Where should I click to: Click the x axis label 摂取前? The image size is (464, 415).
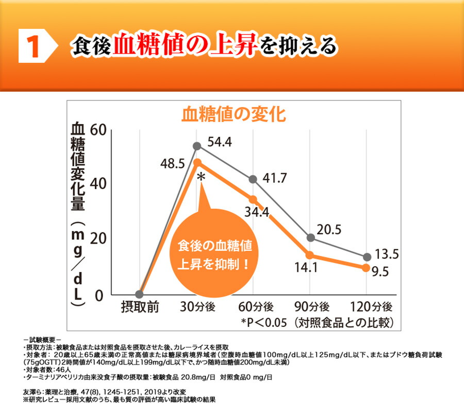(140, 307)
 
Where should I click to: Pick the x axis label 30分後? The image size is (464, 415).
(197, 307)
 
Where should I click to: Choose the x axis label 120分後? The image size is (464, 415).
(371, 307)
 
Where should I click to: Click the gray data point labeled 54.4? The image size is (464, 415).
(197, 146)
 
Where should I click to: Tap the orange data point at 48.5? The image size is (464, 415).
(197, 163)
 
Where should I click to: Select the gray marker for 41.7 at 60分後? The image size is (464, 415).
(253, 179)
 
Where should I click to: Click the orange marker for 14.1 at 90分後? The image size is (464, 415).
(310, 255)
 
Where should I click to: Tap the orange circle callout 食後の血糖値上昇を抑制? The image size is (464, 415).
(213, 254)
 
